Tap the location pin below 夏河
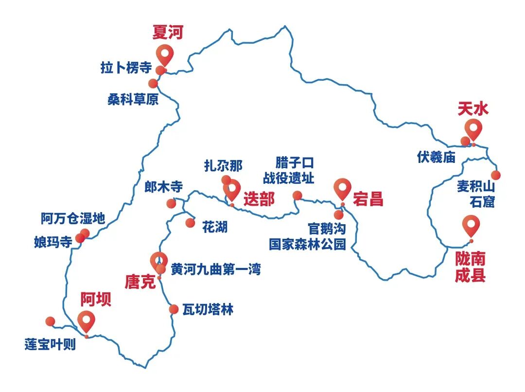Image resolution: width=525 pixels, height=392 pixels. point(165,55)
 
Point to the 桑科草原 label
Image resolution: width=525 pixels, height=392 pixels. point(133,100)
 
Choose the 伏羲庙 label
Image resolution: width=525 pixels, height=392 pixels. point(436,157)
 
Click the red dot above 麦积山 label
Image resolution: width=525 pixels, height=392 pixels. point(495,175)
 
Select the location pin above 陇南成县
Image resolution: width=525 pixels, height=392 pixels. point(471,225)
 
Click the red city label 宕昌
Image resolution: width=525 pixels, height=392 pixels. point(368,199)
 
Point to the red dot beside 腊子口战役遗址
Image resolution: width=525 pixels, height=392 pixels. point(297,196)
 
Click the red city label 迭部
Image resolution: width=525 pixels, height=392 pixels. point(259,199)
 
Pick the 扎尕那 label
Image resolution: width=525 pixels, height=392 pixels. point(223,166)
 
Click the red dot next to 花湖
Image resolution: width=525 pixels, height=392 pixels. point(190,223)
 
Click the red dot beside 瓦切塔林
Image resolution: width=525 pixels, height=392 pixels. point(174,309)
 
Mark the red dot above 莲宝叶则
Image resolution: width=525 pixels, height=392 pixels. point(50,321)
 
